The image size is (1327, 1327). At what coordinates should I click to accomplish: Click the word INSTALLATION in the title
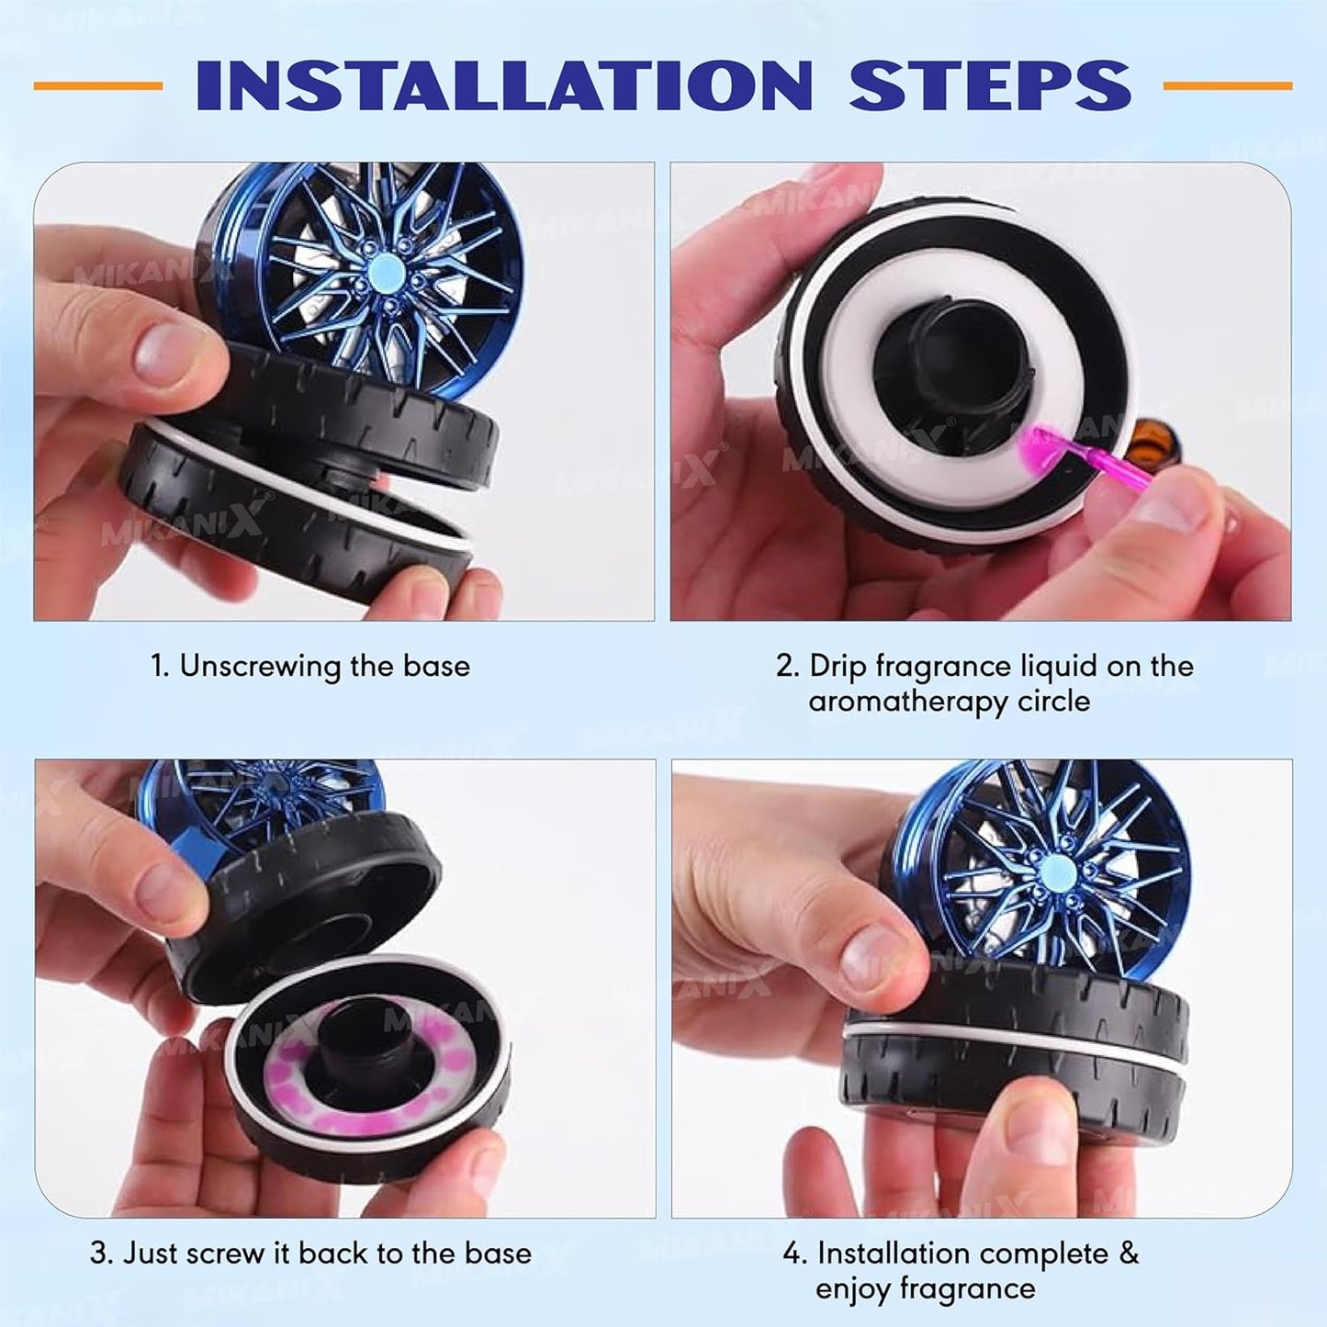[x=504, y=85]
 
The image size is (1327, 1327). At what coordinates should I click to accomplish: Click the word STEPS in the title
[x=989, y=85]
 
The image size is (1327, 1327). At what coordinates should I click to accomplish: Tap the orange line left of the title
[x=98, y=85]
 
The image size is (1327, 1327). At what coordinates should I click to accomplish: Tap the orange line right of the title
[x=1228, y=85]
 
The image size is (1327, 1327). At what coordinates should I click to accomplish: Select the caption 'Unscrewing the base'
[x=323, y=666]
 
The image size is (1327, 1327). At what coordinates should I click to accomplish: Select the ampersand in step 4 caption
[x=1129, y=1253]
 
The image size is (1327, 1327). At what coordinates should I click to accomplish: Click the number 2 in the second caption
[x=785, y=666]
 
